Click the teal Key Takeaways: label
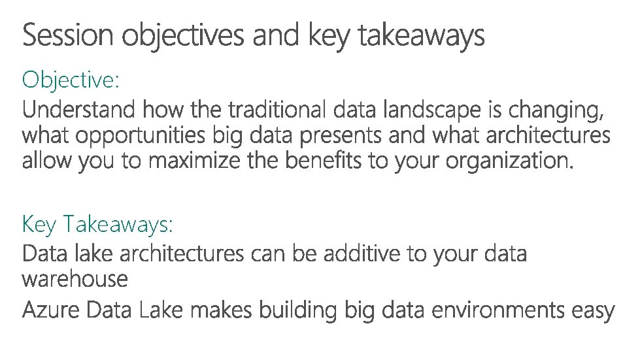coord(97,225)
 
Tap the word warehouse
coord(75,280)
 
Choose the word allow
coord(47,161)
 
